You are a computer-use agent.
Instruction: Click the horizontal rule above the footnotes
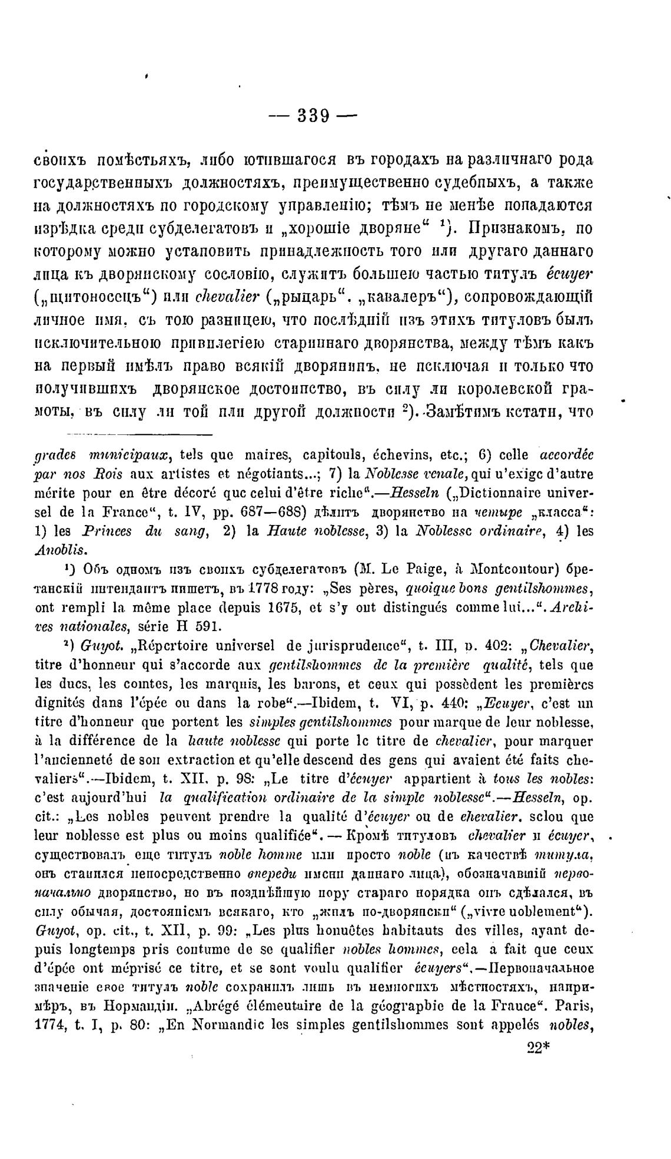pos(138,436)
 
